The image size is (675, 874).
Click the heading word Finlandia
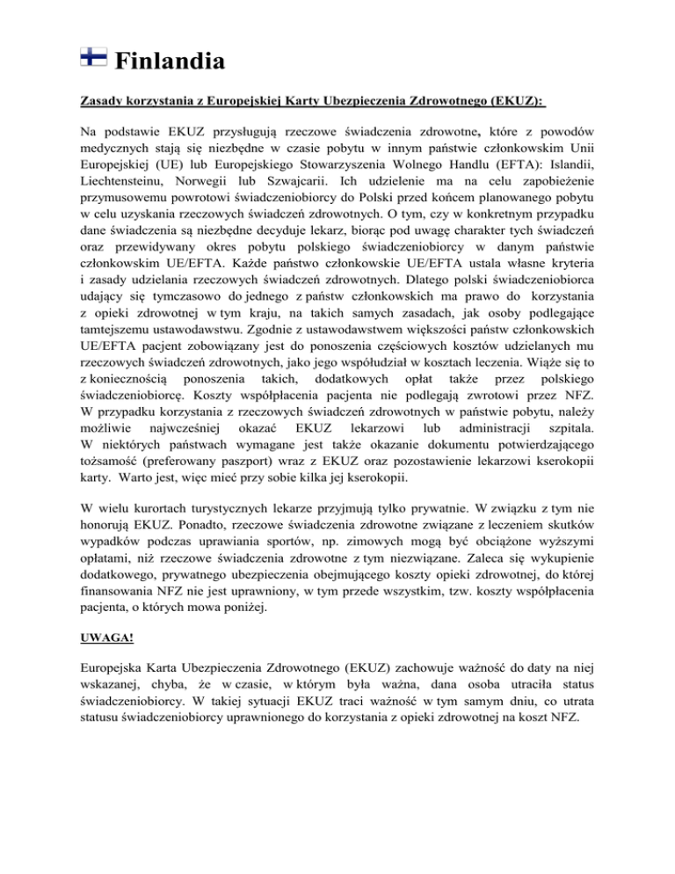click(170, 62)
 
